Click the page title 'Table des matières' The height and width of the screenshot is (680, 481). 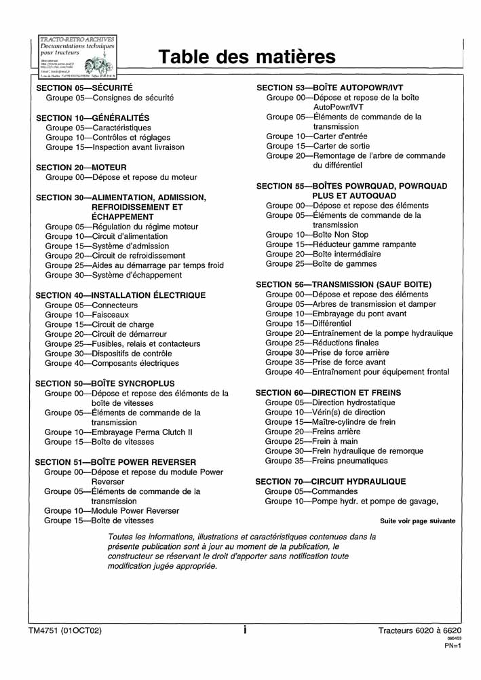247,56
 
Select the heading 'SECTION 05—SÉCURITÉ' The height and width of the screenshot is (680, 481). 84,88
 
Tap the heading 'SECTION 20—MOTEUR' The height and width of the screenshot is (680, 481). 81,167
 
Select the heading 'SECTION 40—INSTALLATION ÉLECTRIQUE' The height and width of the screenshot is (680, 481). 120,295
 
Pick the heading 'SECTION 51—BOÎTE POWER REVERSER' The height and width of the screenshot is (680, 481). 115,461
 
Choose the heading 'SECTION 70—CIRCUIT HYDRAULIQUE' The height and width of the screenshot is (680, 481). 330,481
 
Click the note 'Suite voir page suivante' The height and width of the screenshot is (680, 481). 417,521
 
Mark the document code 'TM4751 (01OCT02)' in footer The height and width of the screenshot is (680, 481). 65,630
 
